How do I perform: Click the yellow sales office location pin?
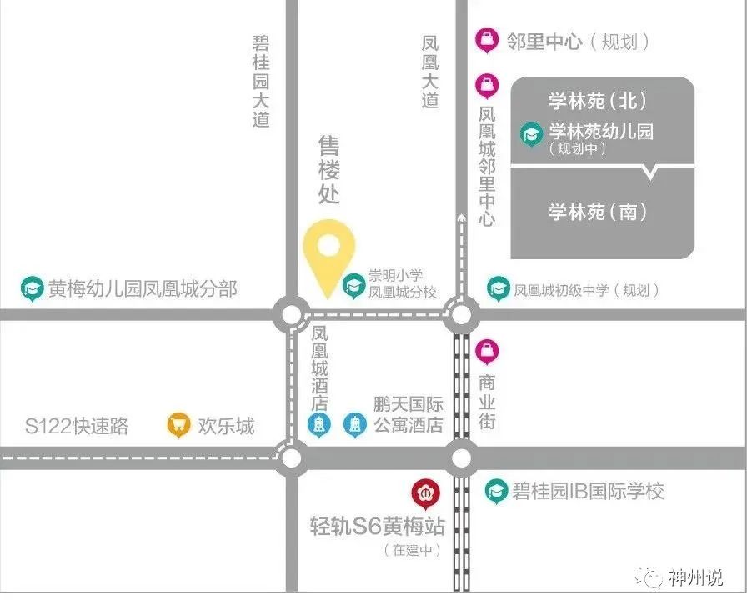point(329,253)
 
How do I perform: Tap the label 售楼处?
point(329,171)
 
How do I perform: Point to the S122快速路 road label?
point(77,427)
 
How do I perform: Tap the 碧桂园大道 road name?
point(262,81)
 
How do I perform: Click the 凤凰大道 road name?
point(430,72)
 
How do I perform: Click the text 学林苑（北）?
point(598,102)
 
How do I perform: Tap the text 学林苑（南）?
point(598,212)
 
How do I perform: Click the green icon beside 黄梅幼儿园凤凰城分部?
point(33,289)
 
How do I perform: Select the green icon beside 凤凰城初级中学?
point(499,289)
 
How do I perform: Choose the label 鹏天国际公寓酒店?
point(408,416)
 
